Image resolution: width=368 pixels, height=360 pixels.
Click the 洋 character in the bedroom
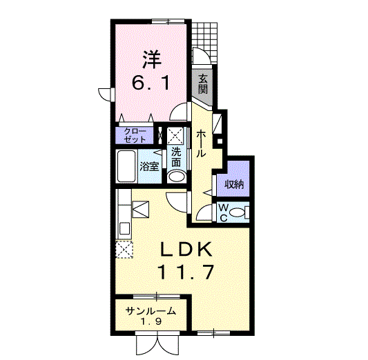click(x=152, y=59)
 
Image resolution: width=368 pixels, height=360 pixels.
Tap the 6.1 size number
click(x=151, y=83)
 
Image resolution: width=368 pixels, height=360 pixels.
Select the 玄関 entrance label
click(x=203, y=84)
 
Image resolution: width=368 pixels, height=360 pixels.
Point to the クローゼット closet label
click(x=135, y=135)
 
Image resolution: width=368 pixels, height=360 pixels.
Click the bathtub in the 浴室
click(x=126, y=166)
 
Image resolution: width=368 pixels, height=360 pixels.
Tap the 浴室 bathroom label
click(x=150, y=166)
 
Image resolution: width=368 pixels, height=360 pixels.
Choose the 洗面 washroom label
click(x=176, y=157)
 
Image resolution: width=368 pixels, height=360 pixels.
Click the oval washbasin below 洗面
click(x=177, y=177)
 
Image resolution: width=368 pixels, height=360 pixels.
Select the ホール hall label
click(x=201, y=143)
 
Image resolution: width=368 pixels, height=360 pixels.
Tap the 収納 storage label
click(x=234, y=185)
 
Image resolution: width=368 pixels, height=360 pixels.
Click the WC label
click(x=223, y=212)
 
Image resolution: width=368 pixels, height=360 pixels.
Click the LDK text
click(x=186, y=250)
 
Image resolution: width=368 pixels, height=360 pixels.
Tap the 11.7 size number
click(x=186, y=272)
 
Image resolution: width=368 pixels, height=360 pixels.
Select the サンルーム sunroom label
click(x=151, y=311)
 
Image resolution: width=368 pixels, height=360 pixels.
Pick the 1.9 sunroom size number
click(x=151, y=321)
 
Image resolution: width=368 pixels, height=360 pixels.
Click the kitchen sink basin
click(x=125, y=228)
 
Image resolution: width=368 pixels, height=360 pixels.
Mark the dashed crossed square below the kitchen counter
click(x=124, y=250)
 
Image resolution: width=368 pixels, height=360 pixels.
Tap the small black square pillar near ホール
click(x=220, y=141)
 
